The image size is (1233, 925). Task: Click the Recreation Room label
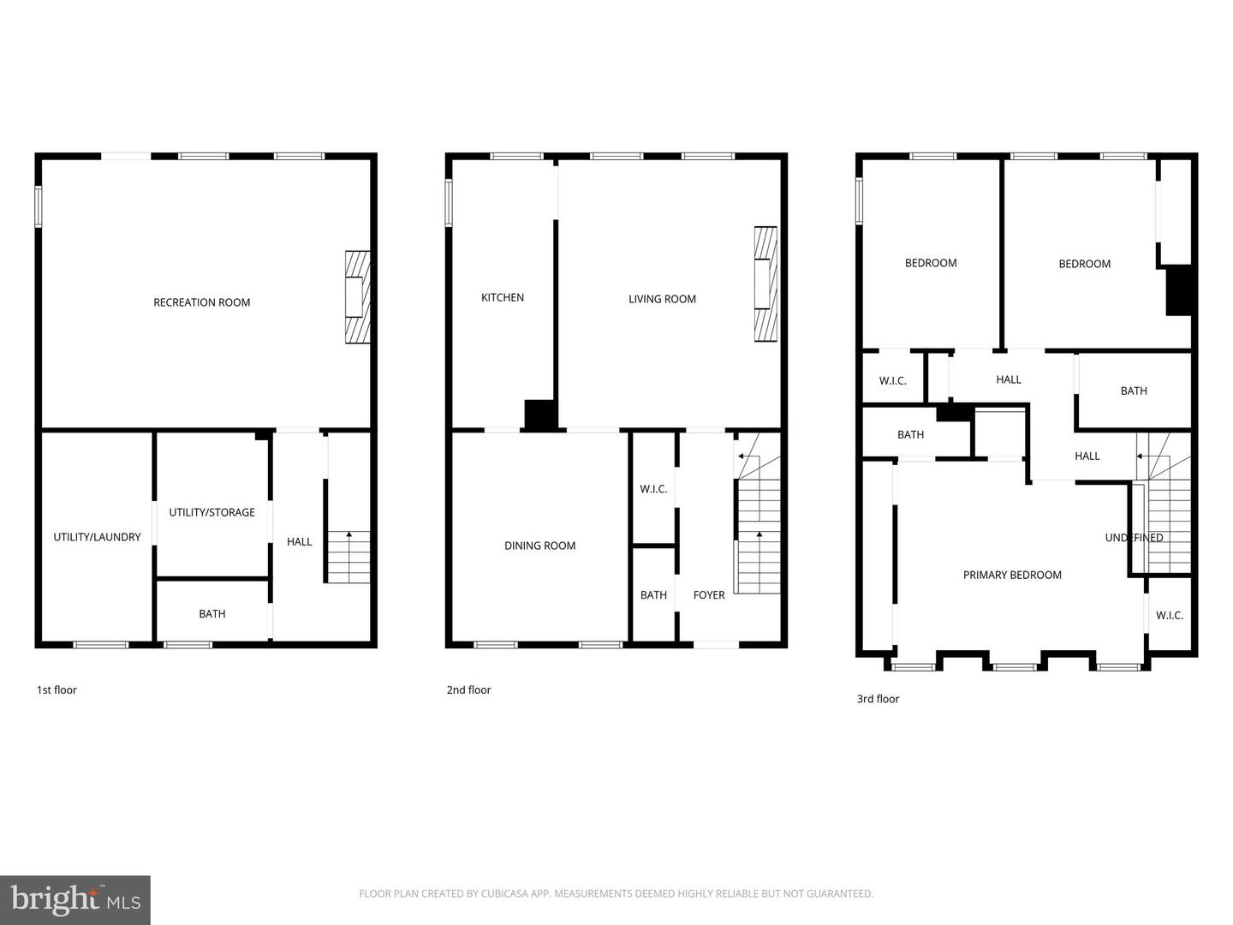(x=201, y=302)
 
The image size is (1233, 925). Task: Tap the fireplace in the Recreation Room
(x=357, y=297)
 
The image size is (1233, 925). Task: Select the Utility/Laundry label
(x=97, y=537)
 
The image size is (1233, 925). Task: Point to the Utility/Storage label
(x=211, y=512)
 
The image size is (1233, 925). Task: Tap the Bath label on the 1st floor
(x=212, y=613)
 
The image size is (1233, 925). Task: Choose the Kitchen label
(x=503, y=297)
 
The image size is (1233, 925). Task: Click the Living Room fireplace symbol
(x=765, y=283)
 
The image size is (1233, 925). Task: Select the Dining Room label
(x=539, y=546)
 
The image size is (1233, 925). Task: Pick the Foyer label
(x=709, y=595)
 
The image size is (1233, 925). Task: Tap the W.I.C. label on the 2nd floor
(x=653, y=489)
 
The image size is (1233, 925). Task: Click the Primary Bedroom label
(x=1012, y=575)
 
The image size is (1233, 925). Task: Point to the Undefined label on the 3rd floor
(x=1134, y=538)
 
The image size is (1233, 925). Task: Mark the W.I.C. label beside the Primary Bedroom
(x=1170, y=615)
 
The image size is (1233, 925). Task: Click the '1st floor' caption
(x=57, y=690)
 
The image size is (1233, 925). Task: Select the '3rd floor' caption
(x=878, y=699)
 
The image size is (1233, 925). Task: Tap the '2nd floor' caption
(x=468, y=690)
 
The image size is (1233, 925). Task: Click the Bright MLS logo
(x=75, y=899)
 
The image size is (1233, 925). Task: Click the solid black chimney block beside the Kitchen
(x=540, y=415)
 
